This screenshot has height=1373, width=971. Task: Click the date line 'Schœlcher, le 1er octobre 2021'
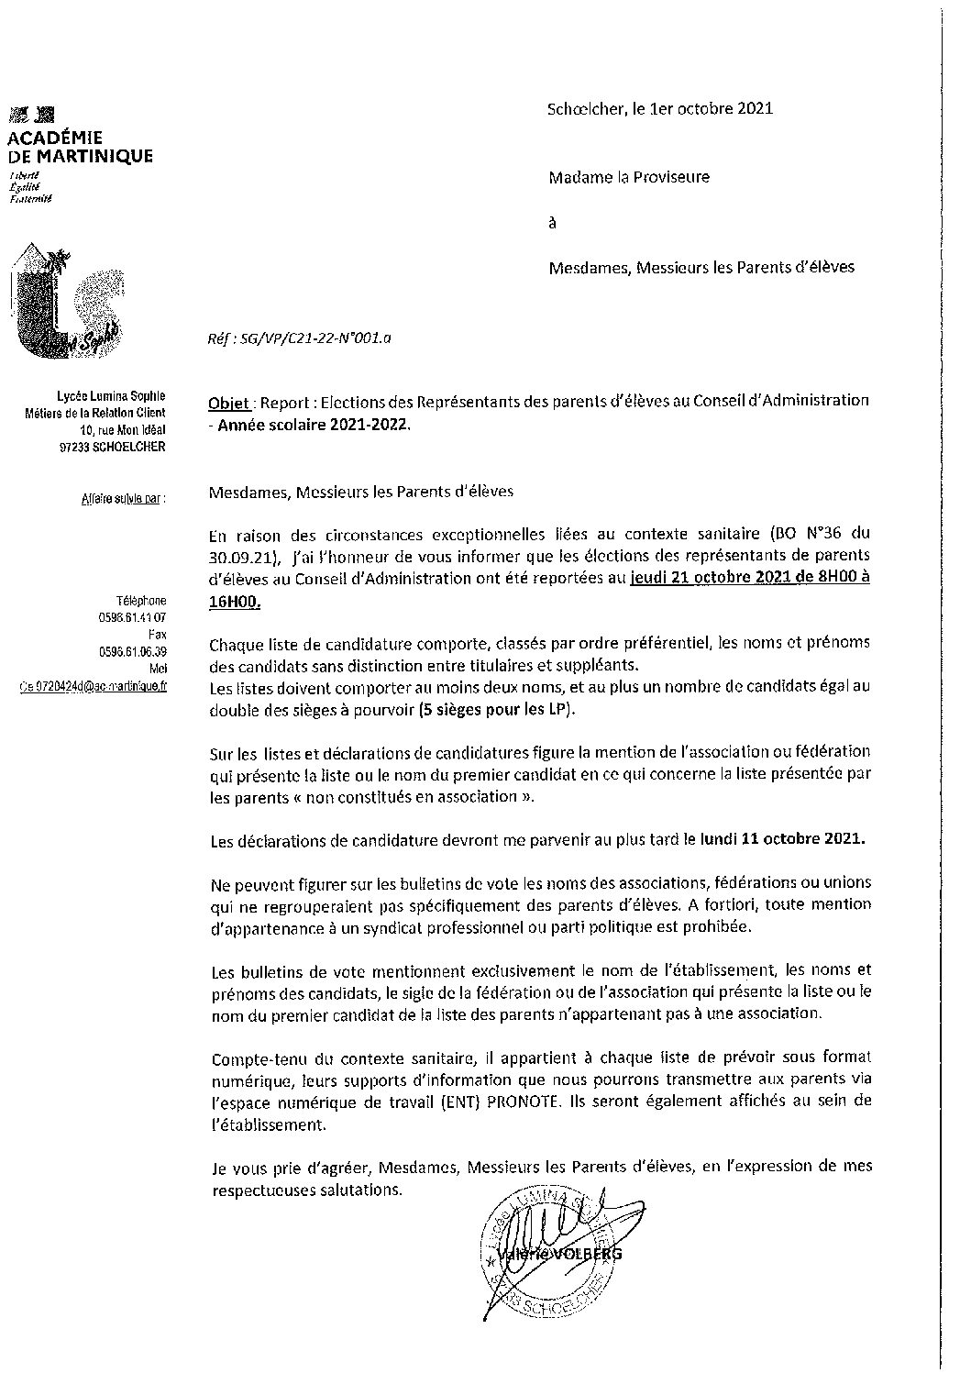(659, 108)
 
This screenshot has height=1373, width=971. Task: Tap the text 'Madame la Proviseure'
(629, 177)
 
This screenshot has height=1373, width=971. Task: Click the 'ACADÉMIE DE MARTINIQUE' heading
(80, 148)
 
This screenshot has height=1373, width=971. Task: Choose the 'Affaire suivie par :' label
(122, 498)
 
